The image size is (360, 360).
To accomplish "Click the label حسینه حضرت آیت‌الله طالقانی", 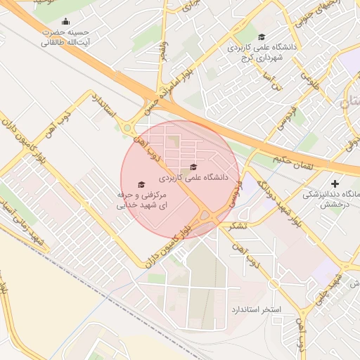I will pos(65,37).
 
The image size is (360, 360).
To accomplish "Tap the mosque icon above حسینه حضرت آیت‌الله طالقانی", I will pos(65,21).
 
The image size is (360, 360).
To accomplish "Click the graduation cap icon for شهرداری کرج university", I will pos(262,37).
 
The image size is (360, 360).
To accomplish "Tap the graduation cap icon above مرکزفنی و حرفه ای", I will pos(141,184).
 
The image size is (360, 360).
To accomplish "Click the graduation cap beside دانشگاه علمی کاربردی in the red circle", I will pos(193,167).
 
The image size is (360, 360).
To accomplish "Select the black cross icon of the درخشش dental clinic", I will pos(334,183).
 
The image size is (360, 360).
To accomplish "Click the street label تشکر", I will pos(237,226).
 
